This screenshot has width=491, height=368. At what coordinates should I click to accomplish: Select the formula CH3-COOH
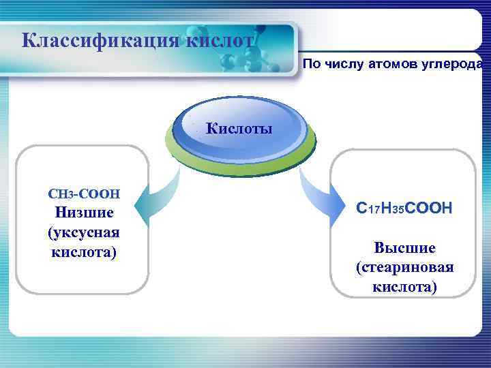(84, 194)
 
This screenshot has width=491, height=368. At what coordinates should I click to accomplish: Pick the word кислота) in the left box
(84, 252)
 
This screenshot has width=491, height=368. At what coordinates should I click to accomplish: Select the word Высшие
(404, 247)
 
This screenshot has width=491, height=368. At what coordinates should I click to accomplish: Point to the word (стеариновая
(404, 266)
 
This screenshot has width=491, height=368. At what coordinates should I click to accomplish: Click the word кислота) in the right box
(404, 286)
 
